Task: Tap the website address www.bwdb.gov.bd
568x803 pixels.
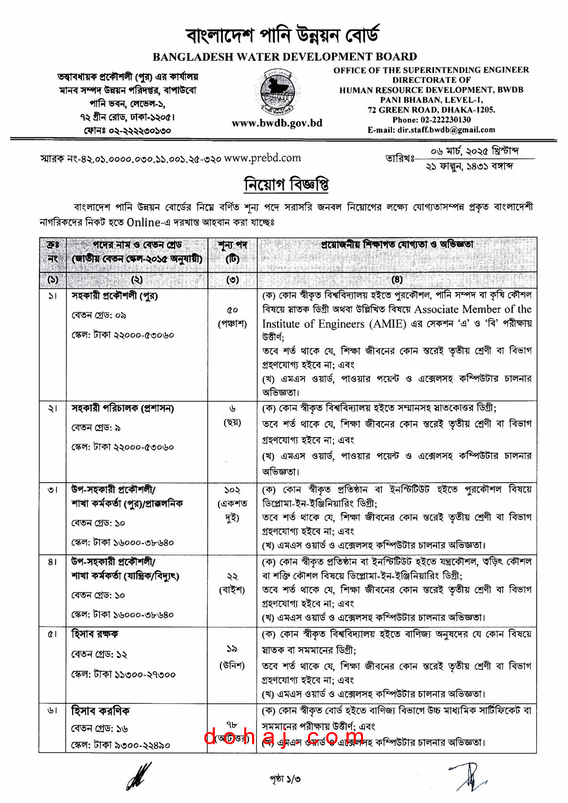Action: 277,124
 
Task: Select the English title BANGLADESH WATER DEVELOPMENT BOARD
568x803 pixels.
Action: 285,57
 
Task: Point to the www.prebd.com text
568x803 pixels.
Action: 262,158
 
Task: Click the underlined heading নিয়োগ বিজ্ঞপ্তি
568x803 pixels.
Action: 286,184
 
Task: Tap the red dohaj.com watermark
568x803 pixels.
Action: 279,736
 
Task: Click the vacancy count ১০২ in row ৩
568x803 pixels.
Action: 232,490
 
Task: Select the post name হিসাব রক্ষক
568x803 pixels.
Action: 94,634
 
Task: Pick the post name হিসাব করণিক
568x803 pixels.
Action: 100,710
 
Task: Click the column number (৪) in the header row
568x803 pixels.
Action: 397,280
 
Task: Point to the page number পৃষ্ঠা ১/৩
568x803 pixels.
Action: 285,778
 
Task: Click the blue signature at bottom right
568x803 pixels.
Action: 469,776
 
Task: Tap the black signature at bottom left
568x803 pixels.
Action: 139,776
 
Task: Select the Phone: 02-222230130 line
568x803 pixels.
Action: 431,120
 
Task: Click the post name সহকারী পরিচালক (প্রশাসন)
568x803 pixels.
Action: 123,409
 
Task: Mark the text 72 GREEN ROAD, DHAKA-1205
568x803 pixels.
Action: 431,110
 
